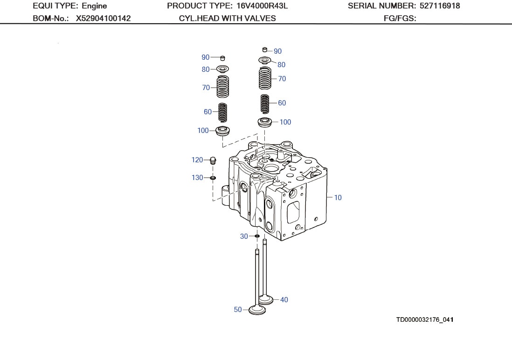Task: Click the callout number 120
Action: click(197, 160)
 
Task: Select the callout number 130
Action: click(197, 178)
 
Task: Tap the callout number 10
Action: click(338, 198)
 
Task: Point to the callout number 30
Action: click(244, 236)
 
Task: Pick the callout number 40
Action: click(284, 300)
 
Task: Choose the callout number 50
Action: click(238, 310)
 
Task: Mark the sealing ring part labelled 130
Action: click(213, 178)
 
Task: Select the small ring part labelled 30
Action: click(256, 236)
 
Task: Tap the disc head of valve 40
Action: click(265, 300)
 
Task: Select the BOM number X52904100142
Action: click(103, 19)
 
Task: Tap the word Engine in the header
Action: click(94, 6)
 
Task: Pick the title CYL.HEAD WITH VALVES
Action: click(227, 19)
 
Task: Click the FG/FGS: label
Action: click(399, 19)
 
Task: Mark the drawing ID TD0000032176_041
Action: click(425, 320)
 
